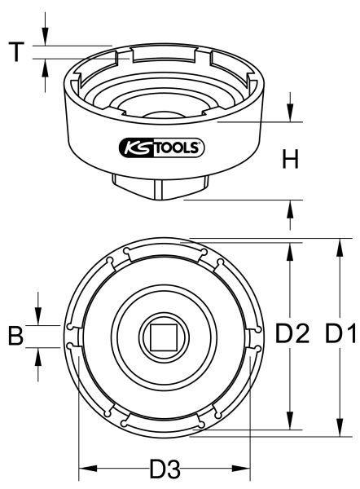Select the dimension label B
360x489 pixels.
(x=15, y=335)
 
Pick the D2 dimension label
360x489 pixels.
(x=292, y=334)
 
